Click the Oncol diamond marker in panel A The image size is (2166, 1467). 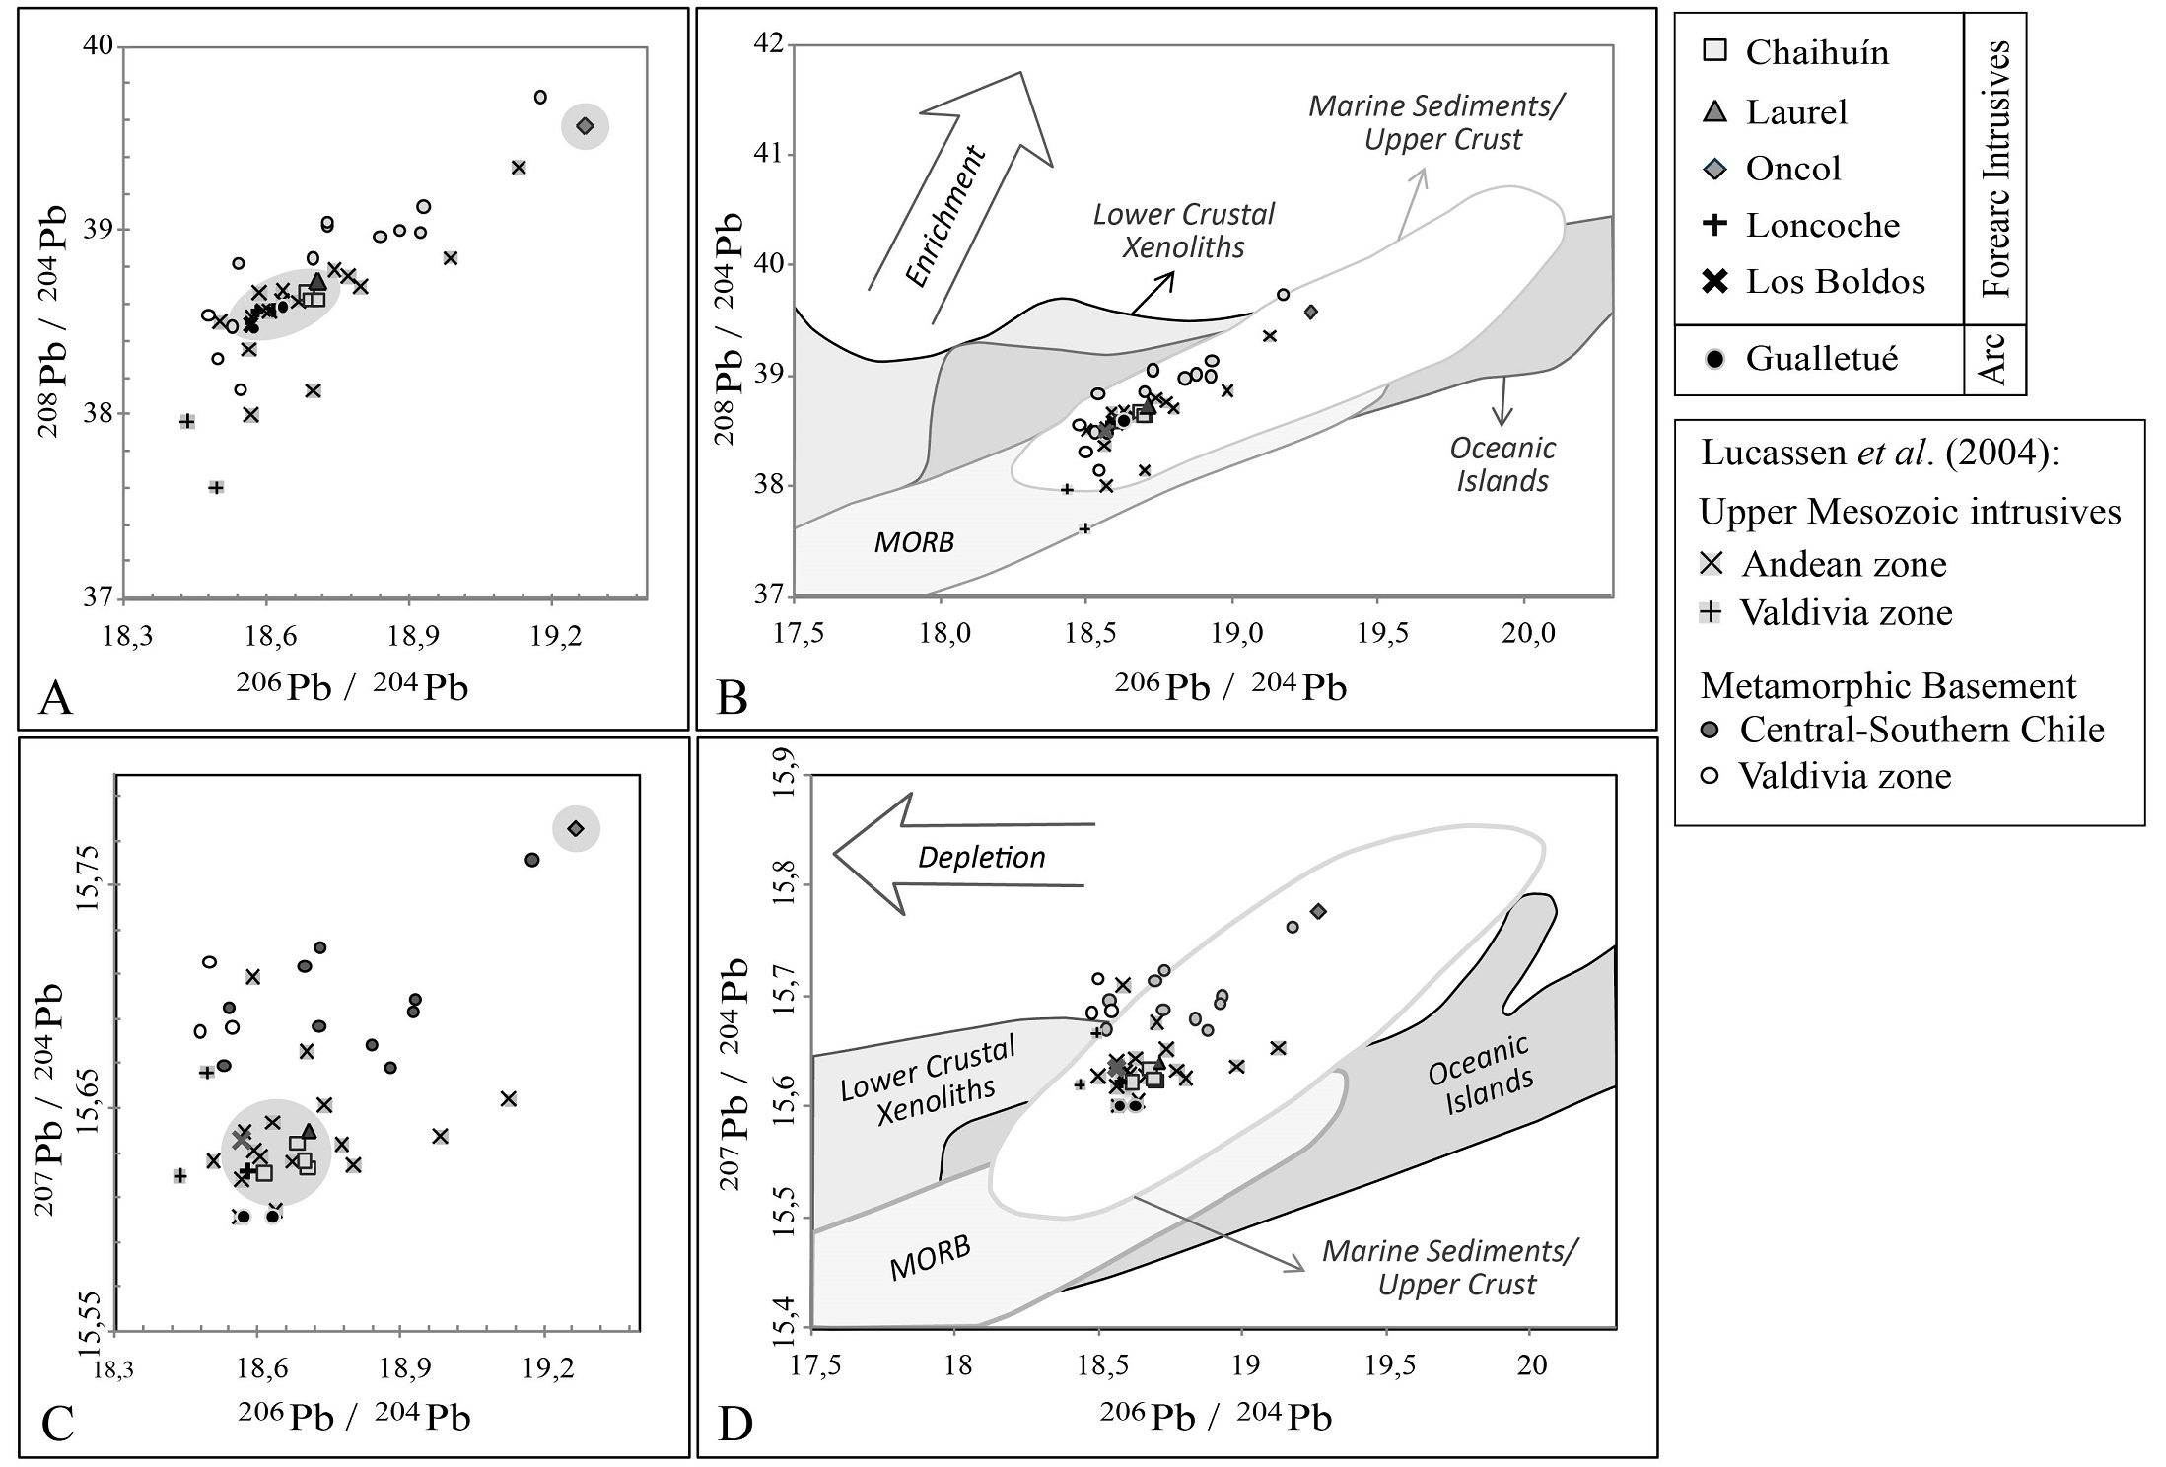[585, 126]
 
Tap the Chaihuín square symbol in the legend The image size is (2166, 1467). [1715, 51]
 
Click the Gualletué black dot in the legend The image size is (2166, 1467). [1715, 359]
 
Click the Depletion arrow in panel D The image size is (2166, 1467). [961, 856]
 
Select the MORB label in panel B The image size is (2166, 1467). [914, 542]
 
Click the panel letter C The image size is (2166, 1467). [57, 1424]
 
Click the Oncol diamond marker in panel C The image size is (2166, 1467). [576, 828]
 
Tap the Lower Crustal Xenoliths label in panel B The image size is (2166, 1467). [1183, 231]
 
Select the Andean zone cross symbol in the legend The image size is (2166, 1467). [1712, 564]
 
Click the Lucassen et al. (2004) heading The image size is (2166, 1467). [1880, 454]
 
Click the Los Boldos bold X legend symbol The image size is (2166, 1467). [1715, 282]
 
